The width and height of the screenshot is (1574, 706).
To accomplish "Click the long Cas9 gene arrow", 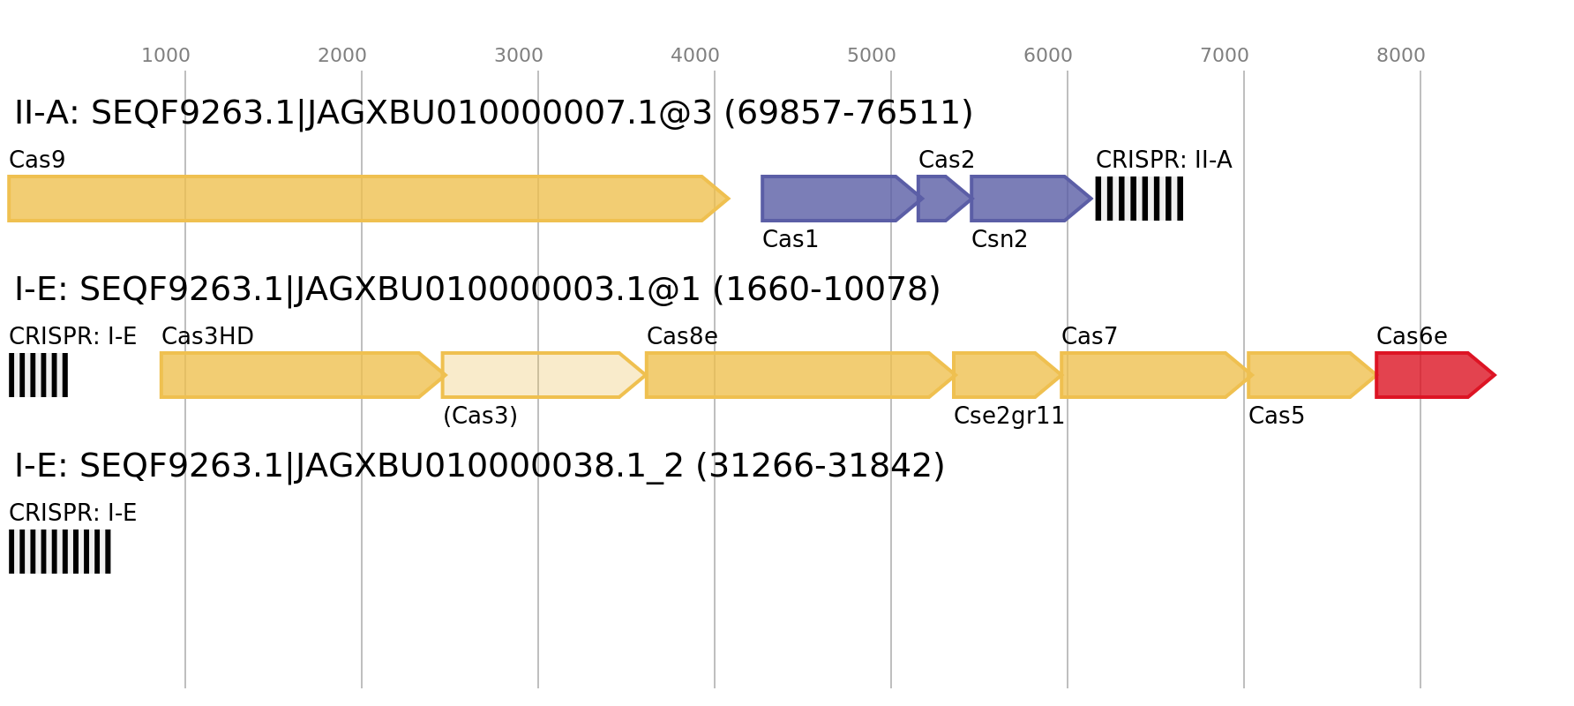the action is click(368, 199).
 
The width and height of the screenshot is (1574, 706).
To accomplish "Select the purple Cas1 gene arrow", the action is click(842, 199).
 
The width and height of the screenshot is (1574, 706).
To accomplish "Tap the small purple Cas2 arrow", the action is click(944, 199).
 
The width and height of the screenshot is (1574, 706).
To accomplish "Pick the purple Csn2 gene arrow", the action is click(1031, 199).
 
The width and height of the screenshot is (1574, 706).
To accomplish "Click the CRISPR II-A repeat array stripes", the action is click(1139, 199).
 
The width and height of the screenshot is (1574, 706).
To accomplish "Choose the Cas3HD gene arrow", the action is click(303, 375).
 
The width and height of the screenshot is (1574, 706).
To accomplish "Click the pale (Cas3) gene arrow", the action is click(543, 375).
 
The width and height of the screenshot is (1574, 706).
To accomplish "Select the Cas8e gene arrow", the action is click(800, 375).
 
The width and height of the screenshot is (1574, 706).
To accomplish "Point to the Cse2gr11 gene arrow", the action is click(1007, 375).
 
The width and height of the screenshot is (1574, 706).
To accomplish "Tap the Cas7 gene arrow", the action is click(1156, 375).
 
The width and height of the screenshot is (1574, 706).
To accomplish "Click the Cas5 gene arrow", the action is click(1312, 375).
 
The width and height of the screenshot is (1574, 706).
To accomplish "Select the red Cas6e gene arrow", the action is click(1435, 375).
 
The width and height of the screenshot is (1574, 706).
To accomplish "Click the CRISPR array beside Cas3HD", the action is click(38, 375).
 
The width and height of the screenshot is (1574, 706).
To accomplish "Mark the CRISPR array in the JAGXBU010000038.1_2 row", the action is click(60, 552).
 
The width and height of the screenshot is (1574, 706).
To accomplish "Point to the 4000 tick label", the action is click(695, 56).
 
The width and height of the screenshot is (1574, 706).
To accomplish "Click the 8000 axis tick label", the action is click(1401, 56).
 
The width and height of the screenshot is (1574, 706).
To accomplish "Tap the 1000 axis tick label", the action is click(166, 56).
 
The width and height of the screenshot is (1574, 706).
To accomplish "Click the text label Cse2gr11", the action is click(1009, 416).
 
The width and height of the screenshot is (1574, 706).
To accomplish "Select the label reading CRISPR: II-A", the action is click(1164, 160).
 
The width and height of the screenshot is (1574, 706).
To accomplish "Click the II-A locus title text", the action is click(494, 113).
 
